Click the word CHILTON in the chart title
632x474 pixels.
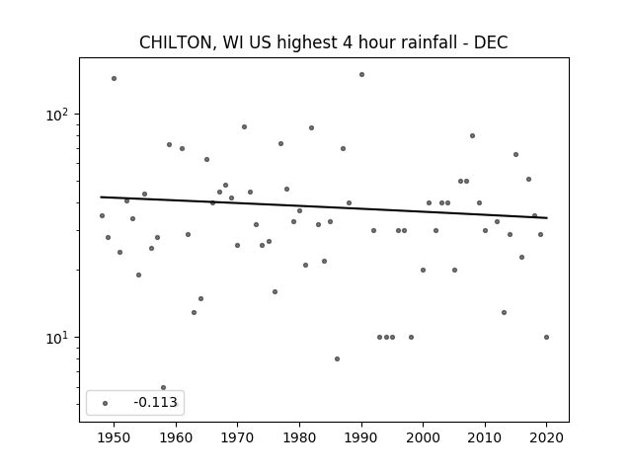point(174,42)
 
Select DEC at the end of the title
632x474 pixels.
point(491,42)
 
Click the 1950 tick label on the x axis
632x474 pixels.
point(115,437)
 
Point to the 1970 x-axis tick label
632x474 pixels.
point(238,437)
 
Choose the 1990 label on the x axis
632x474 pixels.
point(361,437)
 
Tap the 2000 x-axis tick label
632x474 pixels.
point(424,437)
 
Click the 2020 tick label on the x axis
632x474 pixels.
point(546,437)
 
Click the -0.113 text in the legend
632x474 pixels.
point(156,402)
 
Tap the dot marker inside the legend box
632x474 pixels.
point(106,403)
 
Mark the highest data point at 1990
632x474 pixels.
point(362,75)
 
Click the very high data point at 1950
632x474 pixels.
point(115,79)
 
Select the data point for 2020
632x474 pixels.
point(546,338)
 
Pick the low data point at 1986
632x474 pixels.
point(337,358)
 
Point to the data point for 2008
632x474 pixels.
point(472,136)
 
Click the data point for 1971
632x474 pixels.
point(244,127)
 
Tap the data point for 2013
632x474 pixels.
point(504,312)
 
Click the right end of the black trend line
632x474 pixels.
point(547,218)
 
